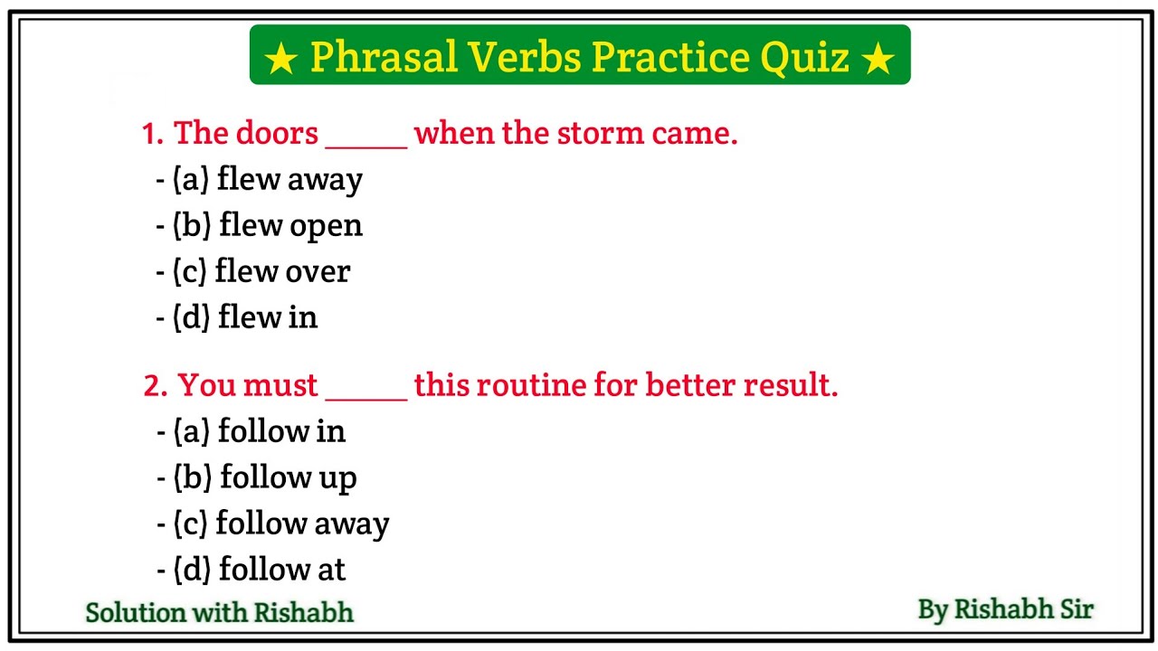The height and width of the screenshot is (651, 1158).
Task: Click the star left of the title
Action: click(281, 60)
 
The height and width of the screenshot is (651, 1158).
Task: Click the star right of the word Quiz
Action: click(878, 60)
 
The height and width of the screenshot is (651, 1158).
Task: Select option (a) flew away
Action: click(268, 179)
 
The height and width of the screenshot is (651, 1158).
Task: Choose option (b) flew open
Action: click(268, 225)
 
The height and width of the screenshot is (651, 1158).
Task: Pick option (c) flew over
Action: click(261, 271)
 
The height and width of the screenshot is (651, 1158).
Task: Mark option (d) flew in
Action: click(245, 317)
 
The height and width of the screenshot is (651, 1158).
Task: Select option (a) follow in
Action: click(260, 431)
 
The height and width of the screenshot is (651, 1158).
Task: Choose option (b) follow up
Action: click(265, 477)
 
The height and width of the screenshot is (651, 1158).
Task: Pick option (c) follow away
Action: click(281, 524)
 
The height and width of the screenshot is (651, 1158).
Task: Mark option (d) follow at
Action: click(260, 570)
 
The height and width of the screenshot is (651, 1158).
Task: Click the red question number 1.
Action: click(151, 135)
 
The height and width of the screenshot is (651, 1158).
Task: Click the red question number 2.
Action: click(155, 387)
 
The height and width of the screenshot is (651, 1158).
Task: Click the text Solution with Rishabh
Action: click(219, 612)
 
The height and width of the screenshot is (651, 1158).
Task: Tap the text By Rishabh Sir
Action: click(1005, 609)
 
